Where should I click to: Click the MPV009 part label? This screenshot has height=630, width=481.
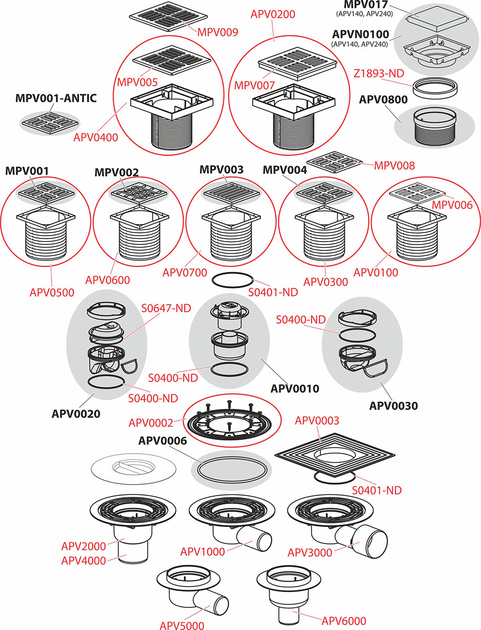tap(218, 31)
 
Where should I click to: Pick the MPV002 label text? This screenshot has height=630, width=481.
tap(116, 172)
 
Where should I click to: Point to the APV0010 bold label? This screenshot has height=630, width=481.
tap(295, 389)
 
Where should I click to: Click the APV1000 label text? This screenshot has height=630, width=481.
tap(202, 551)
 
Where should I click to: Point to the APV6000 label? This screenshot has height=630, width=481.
tap(344, 621)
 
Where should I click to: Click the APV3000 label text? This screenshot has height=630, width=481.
tap(310, 552)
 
